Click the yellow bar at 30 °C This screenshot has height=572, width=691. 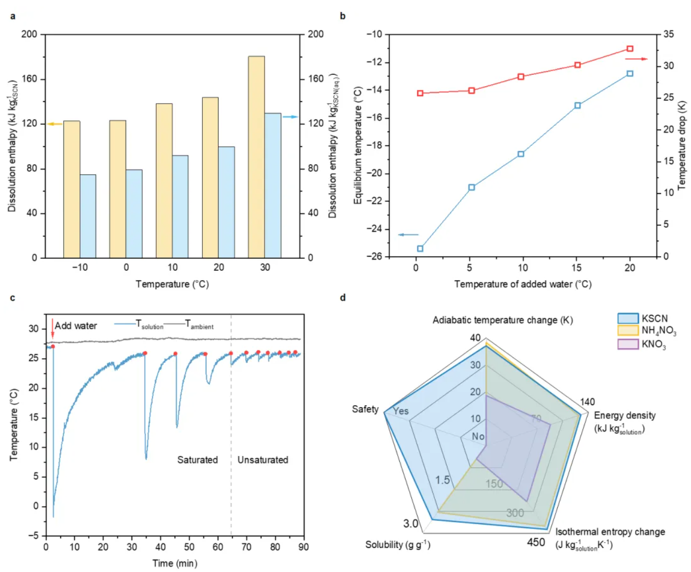pyautogui.click(x=256, y=157)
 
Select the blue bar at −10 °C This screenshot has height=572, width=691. pyautogui.click(x=88, y=216)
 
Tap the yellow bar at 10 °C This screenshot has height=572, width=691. pyautogui.click(x=164, y=180)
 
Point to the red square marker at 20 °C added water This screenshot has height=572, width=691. pyautogui.click(x=630, y=49)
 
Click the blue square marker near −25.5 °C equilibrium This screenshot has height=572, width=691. pyautogui.click(x=420, y=249)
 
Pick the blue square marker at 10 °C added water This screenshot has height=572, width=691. pyautogui.click(x=521, y=154)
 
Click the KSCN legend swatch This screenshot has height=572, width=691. pyautogui.click(x=628, y=318)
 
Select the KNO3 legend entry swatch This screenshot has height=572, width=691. pyautogui.click(x=628, y=344)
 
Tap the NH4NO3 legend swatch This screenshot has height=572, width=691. pyautogui.click(x=628, y=330)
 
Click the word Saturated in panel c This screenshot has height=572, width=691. pyautogui.click(x=197, y=460)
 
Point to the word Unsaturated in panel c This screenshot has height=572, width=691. pyautogui.click(x=262, y=460)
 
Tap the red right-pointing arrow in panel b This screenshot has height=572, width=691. pyautogui.click(x=636, y=59)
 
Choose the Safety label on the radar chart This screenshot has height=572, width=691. pyautogui.click(x=365, y=409)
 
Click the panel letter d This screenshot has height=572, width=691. pyautogui.click(x=343, y=298)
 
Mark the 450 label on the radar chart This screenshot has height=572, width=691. pyautogui.click(x=536, y=542)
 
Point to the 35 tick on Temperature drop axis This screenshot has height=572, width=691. pyautogui.click(x=669, y=34)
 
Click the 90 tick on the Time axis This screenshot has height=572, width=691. pyautogui.click(x=303, y=547)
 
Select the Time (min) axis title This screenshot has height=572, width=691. pyautogui.click(x=175, y=563)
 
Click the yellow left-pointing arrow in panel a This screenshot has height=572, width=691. pyautogui.click(x=55, y=124)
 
